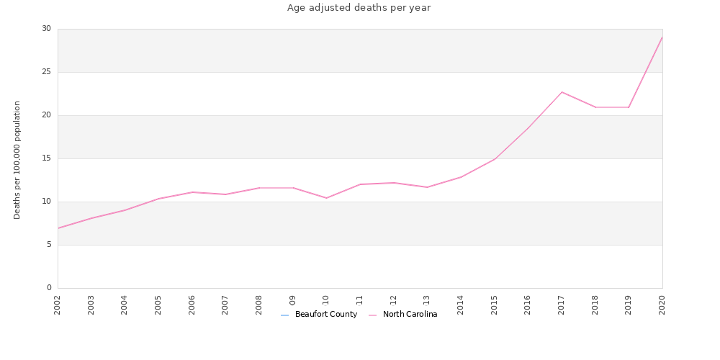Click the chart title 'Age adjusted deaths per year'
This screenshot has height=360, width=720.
pyautogui.click(x=359, y=8)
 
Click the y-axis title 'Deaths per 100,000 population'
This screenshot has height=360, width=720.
pyautogui.click(x=17, y=160)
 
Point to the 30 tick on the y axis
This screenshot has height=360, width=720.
pyautogui.click(x=47, y=29)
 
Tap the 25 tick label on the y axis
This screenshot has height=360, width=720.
pyautogui.click(x=47, y=72)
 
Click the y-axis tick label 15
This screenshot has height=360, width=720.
pyautogui.click(x=47, y=158)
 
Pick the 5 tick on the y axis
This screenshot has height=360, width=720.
pyautogui.click(x=49, y=245)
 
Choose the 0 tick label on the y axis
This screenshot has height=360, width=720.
pyautogui.click(x=49, y=288)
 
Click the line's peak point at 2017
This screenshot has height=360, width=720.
pyautogui.click(x=562, y=92)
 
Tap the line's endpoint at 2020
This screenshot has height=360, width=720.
pyautogui.click(x=662, y=37)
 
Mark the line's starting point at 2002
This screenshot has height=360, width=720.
pyautogui.click(x=58, y=228)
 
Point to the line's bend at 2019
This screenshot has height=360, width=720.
pyautogui.click(x=629, y=107)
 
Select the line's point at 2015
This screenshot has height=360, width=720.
pyautogui.click(x=495, y=158)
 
